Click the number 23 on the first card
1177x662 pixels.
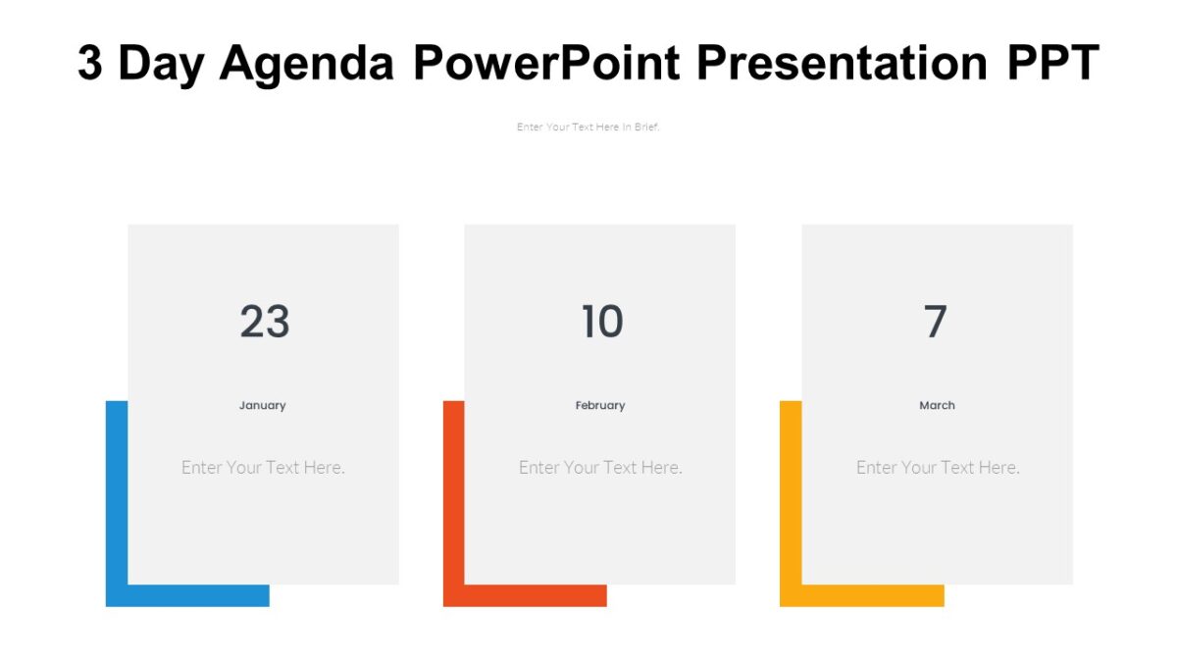coord(264,322)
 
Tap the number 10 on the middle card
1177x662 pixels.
coord(601,322)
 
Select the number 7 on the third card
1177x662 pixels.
coord(936,322)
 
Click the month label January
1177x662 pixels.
coord(263,405)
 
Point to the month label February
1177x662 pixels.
coord(600,405)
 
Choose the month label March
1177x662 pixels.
coord(937,405)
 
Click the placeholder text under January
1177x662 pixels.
coord(263,468)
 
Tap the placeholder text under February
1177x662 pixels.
coord(600,468)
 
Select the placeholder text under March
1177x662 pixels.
coord(938,468)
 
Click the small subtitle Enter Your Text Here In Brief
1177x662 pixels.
coord(588,127)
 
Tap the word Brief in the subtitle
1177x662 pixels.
coord(646,127)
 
